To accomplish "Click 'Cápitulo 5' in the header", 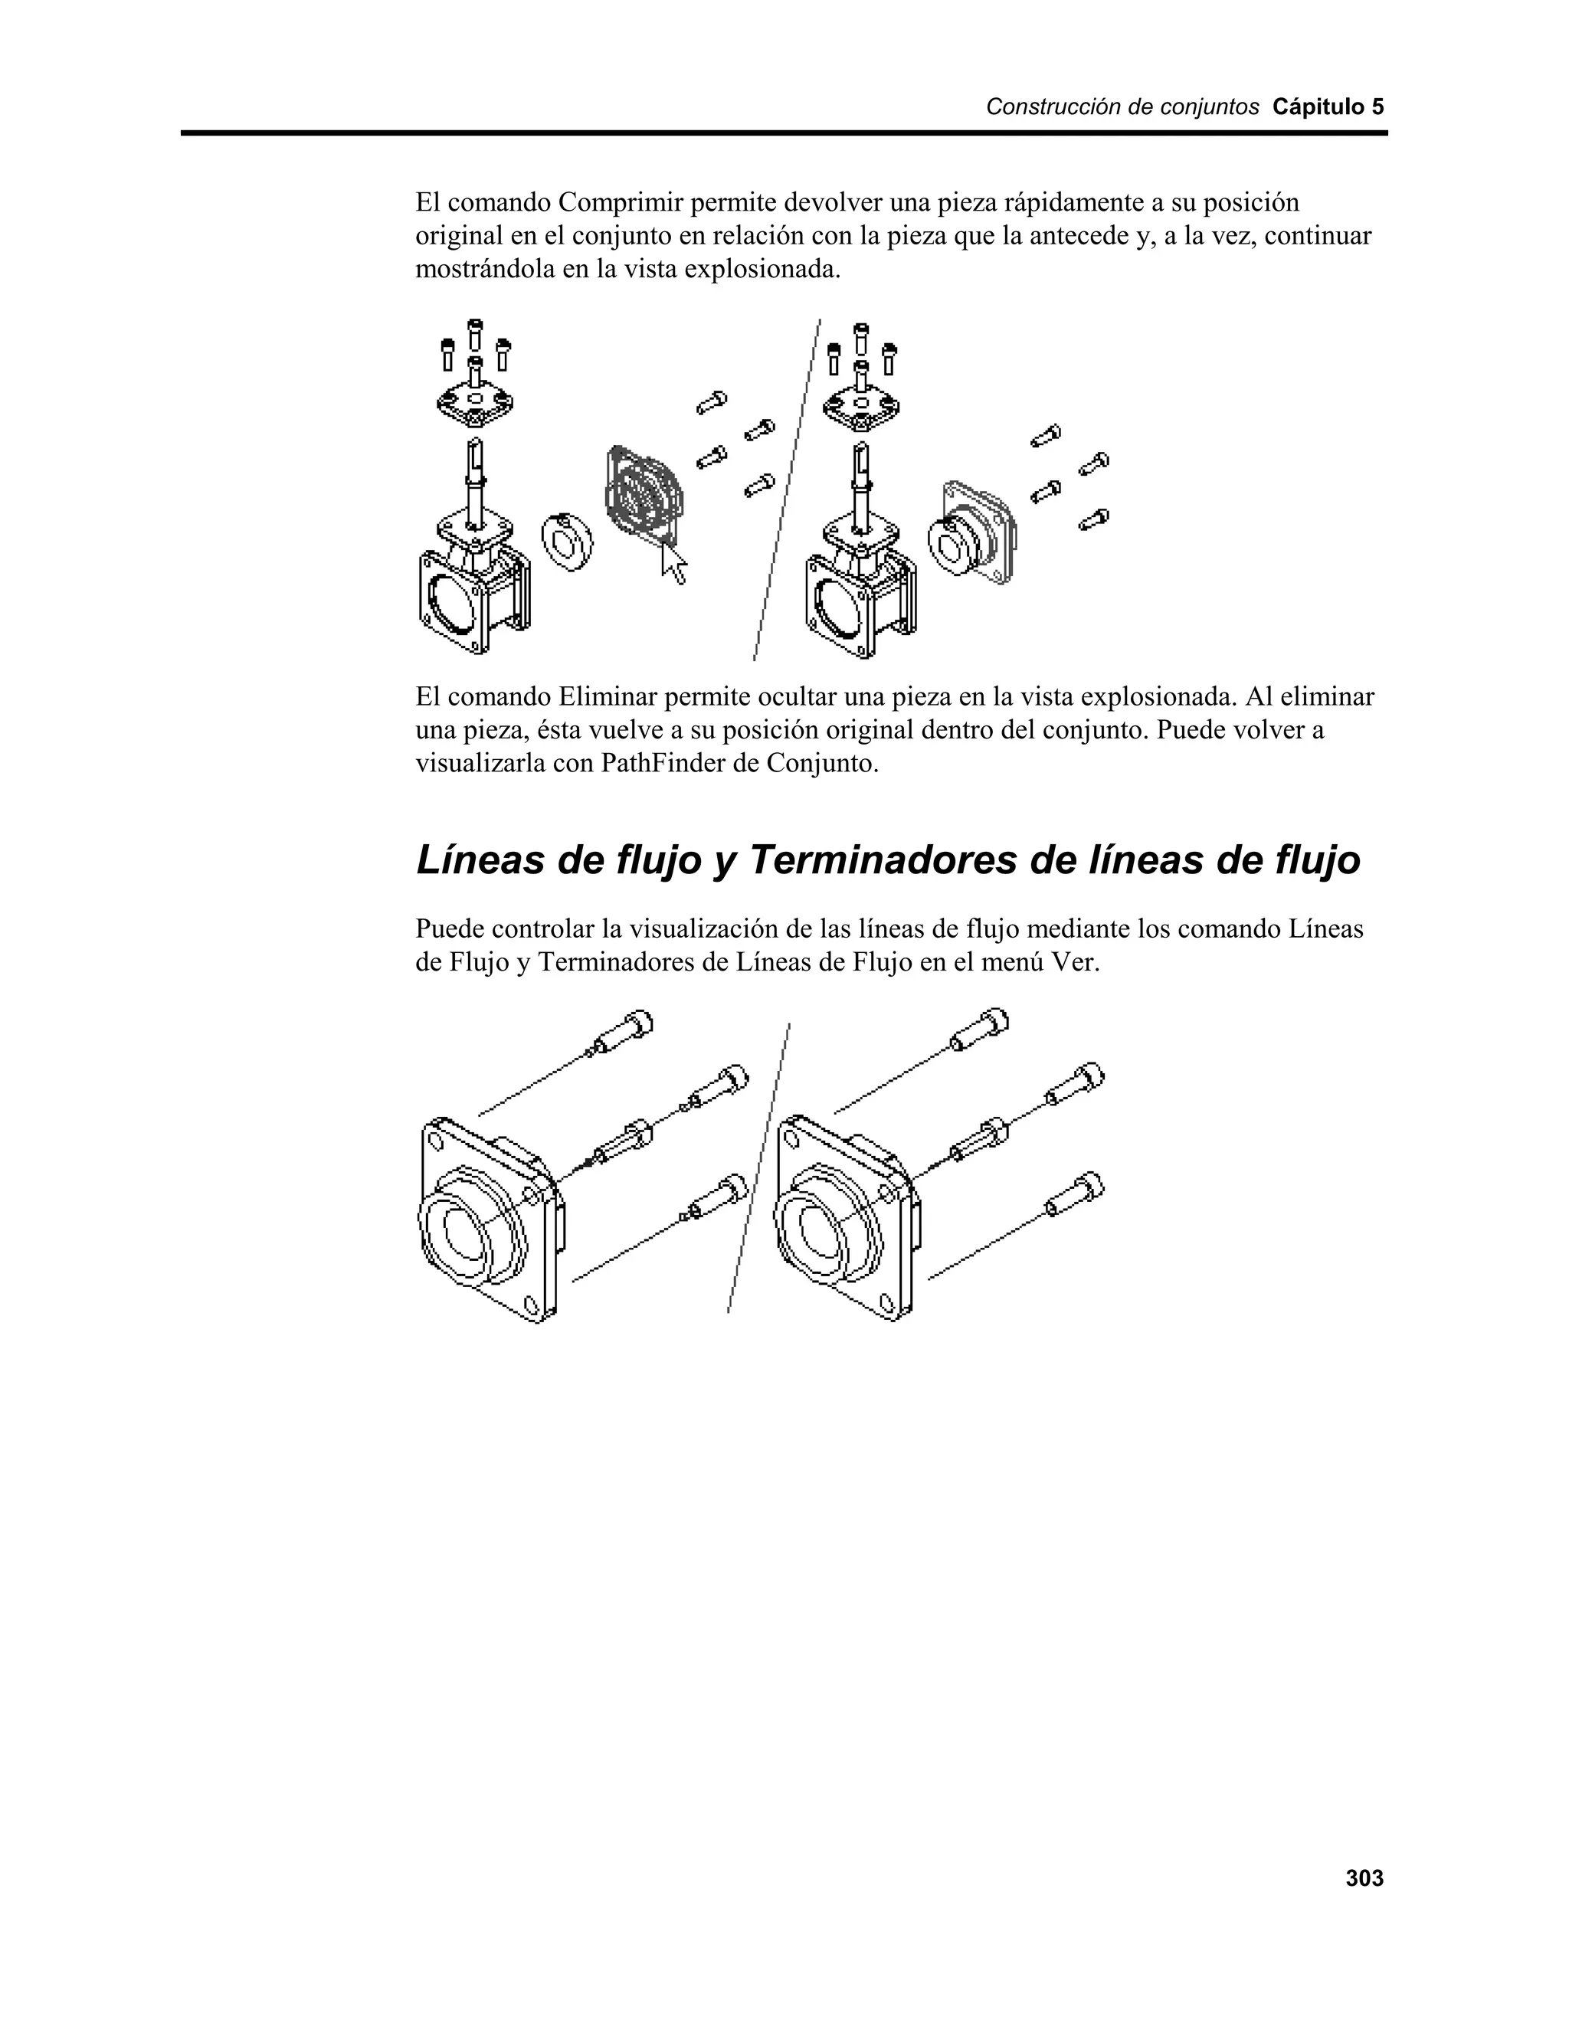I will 1328,107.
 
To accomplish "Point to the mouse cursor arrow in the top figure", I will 673,562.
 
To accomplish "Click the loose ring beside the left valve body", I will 567,540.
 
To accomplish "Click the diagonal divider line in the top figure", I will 786,493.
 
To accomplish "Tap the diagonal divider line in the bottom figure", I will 758,1171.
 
